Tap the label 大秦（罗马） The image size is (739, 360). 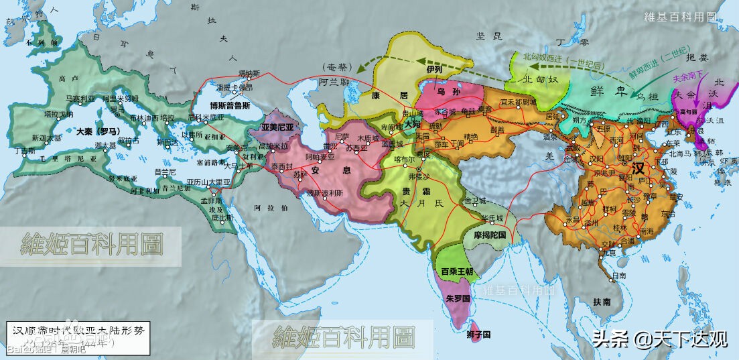97,131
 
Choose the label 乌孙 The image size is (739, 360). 446,91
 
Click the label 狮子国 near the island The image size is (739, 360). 480,334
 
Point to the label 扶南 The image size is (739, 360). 602,302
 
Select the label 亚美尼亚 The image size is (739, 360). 277,127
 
